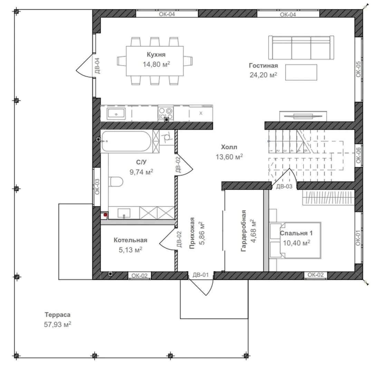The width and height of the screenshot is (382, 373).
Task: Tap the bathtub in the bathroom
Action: click(126, 141)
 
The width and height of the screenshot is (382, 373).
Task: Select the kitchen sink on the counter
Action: click(116, 114)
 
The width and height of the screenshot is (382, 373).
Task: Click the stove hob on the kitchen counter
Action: click(166, 114)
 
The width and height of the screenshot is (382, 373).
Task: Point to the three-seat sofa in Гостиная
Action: click(301, 48)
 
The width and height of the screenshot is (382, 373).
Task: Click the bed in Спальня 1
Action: click(295, 240)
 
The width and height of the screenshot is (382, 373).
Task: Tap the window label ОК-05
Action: click(358, 69)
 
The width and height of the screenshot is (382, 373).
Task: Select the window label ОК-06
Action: click(358, 155)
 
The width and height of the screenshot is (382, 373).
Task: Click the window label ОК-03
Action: click(97, 186)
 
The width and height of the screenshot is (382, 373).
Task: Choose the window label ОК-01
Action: click(358, 238)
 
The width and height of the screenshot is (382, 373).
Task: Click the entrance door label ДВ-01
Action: click(201, 275)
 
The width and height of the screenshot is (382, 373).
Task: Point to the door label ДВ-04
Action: click(97, 66)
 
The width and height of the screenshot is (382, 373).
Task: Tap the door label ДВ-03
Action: click(284, 186)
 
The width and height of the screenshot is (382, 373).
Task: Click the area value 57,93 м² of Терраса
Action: click(57, 325)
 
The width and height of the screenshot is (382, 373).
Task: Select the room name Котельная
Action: click(130, 240)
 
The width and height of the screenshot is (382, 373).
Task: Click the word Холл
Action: click(229, 147)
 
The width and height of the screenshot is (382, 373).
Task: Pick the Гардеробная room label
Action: click(243, 231)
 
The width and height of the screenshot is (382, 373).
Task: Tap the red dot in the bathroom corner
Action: click(105, 214)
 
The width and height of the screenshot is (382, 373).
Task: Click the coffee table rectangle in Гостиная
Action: click(302, 73)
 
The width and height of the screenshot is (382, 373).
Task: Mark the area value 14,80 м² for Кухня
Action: click(156, 64)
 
